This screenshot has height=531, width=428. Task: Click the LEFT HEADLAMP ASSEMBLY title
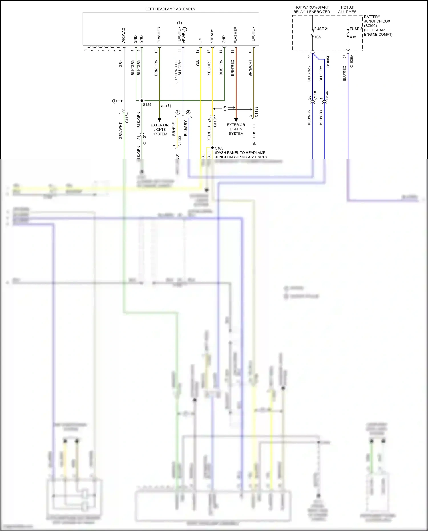pos(170,9)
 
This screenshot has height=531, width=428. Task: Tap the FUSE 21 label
pos(322,29)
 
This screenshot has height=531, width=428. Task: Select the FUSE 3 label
pos(356,29)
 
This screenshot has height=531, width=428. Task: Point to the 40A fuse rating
pos(353,37)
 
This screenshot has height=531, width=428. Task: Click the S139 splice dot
pos(142,100)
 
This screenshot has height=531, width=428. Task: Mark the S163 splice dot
pos(213,148)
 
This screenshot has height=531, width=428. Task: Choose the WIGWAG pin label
pos(124,35)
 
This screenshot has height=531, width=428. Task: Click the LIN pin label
pos(200,40)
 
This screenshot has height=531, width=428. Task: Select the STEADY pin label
pos(212,36)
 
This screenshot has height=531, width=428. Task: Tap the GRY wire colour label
pos(120,64)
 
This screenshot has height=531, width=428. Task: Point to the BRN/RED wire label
pos(233,68)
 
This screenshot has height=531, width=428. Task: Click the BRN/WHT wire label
pos(250,68)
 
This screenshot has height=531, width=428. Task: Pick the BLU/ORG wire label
pos(309,74)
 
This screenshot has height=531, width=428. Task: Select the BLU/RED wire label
pos(344,74)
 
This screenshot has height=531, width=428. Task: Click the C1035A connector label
pos(352,61)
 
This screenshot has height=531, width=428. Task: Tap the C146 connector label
pos(327,95)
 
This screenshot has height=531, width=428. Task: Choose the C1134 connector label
pos(127,118)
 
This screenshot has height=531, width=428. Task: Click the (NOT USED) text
pos(254,135)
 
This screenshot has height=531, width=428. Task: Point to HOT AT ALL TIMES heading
pos(347,10)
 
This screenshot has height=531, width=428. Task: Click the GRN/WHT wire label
pos(120,131)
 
